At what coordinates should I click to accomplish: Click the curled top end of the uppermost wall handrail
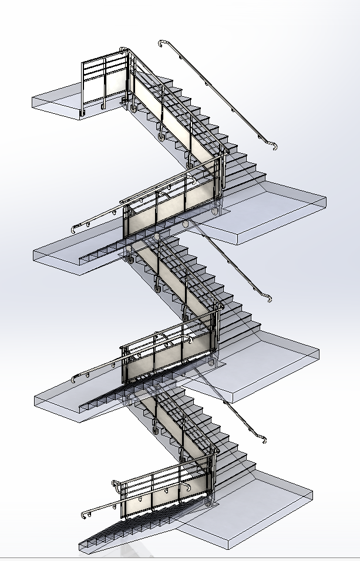pyautogui.click(x=163, y=43)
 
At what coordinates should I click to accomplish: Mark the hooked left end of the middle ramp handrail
pyautogui.click(x=75, y=378)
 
